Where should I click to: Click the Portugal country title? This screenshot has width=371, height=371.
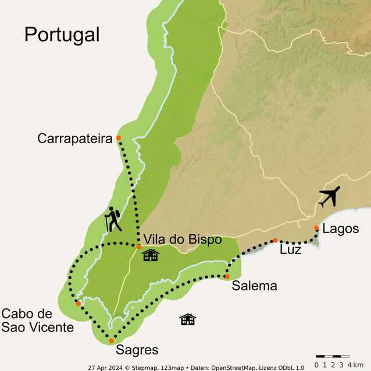(62, 34)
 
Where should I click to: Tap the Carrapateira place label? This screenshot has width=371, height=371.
(74, 138)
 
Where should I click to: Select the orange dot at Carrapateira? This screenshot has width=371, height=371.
(119, 138)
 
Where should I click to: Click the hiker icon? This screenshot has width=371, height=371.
(113, 220)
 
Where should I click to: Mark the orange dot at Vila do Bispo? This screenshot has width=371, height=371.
(139, 247)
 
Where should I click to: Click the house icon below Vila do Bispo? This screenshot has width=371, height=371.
(150, 255)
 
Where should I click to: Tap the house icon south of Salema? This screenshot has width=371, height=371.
(187, 319)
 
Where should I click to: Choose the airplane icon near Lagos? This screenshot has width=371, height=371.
(329, 197)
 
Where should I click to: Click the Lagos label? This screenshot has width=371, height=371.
(340, 229)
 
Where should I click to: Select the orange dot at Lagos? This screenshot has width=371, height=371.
(316, 228)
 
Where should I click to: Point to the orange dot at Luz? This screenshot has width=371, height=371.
(275, 240)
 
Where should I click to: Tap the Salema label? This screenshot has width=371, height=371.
(254, 286)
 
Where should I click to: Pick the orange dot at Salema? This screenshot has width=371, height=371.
(227, 277)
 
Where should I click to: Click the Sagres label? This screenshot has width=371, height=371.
(137, 350)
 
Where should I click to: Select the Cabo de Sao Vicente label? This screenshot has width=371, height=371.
(37, 320)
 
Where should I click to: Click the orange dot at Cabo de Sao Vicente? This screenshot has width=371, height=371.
(78, 304)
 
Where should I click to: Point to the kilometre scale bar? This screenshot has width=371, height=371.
(332, 356)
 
